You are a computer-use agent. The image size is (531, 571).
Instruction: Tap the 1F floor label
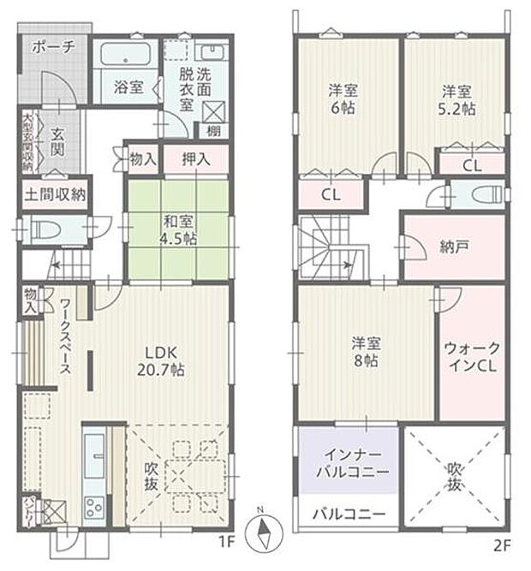pos(226,542)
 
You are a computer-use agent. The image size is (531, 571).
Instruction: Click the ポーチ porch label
pos(54,46)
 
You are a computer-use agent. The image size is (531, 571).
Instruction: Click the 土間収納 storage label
pos(55,194)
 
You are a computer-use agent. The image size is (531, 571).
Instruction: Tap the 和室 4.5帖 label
pos(180,229)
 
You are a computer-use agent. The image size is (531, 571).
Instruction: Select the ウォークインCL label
pos(471,357)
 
